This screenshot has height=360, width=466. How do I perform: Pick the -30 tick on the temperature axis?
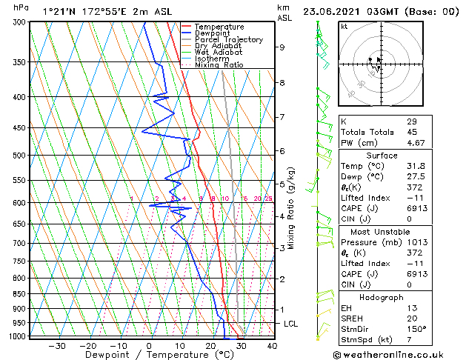(x=57, y=345)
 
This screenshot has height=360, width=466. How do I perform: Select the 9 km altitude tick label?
(x=282, y=47)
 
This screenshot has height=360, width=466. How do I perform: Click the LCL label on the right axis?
(x=291, y=324)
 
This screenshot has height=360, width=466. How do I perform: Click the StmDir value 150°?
(x=416, y=329)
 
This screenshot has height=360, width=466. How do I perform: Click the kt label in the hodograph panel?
(x=344, y=26)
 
